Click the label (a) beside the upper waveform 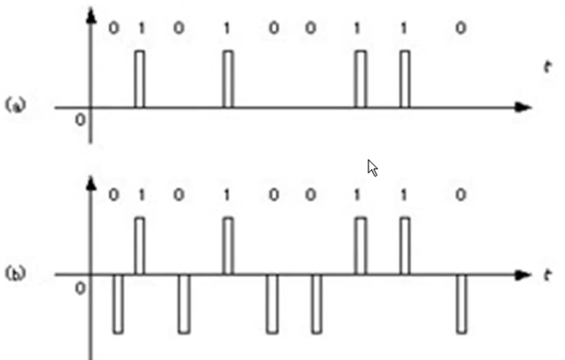point(16,105)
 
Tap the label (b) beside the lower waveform point(16,273)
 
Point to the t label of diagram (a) point(547,67)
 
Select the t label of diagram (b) point(547,275)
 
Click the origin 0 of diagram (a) point(80,120)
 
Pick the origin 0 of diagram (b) point(80,288)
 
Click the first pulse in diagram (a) point(139,79)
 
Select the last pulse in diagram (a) point(405,79)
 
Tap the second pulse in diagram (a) point(228,79)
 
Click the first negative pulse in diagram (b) point(118,304)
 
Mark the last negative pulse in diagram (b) point(461,304)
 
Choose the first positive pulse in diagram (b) point(139,246)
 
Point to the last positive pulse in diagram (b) point(405,246)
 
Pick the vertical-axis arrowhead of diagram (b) point(91,183)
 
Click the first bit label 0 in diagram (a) point(113,29)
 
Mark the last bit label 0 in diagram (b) point(461,196)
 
